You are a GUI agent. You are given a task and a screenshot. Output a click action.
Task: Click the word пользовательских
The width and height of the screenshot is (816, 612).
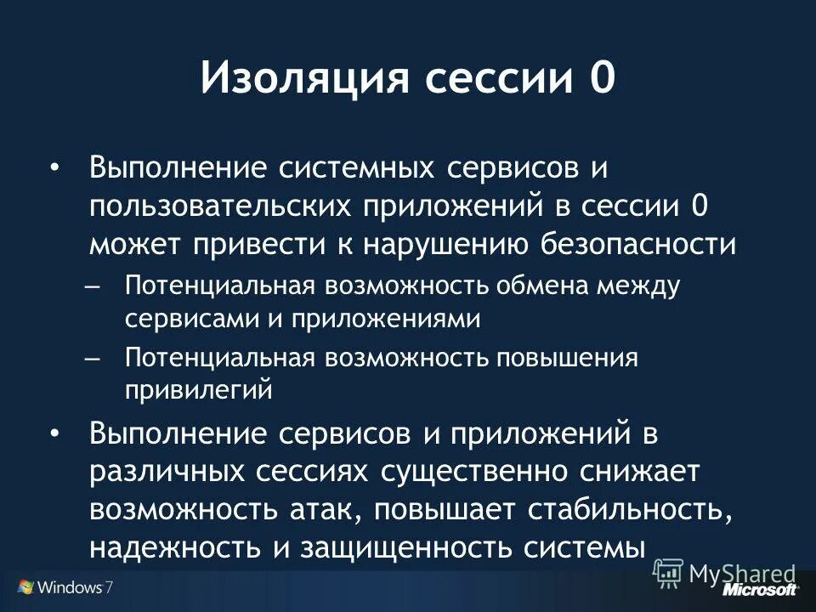pos(222,207)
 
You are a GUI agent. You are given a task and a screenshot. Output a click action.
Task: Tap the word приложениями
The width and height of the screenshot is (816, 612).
pos(387,319)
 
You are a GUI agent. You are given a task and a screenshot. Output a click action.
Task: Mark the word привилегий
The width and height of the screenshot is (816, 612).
pos(200,390)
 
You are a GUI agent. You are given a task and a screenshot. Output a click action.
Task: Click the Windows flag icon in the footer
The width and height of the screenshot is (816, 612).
pos(25,587)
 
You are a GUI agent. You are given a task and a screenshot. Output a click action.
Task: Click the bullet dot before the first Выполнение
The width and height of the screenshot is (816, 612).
pos(55,168)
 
